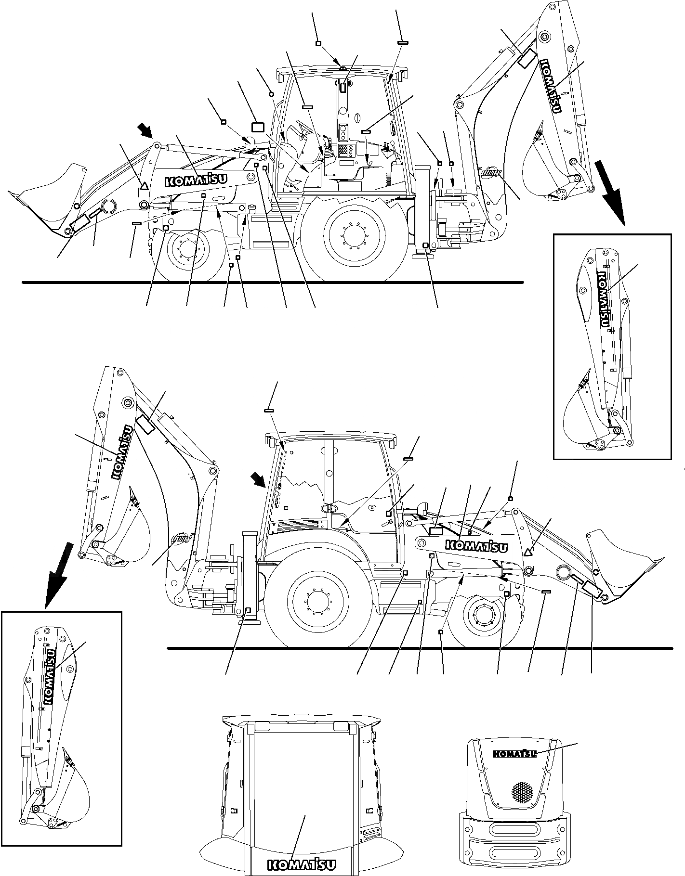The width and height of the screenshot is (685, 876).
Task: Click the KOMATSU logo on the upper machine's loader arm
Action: pyautogui.click(x=197, y=180)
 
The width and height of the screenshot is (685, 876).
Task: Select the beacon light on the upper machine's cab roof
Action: pyautogui.click(x=342, y=69)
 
